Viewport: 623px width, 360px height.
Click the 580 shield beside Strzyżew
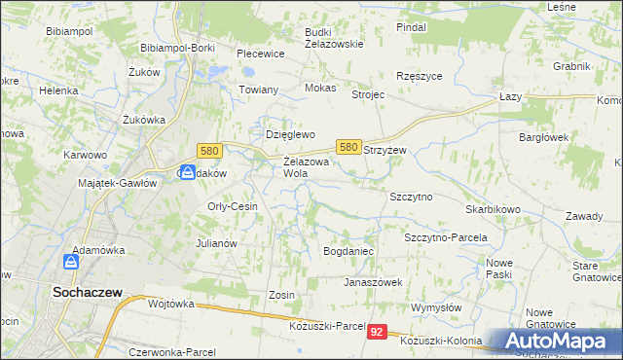tap(348, 146)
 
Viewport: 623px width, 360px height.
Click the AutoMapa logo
tap(556, 342)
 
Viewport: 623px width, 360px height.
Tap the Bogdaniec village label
tap(348, 251)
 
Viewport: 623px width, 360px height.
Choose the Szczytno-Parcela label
tap(445, 236)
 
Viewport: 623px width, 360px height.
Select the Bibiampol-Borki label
tap(177, 47)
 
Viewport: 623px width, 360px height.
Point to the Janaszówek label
tap(373, 282)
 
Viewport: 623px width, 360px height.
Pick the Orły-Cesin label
tap(232, 206)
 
